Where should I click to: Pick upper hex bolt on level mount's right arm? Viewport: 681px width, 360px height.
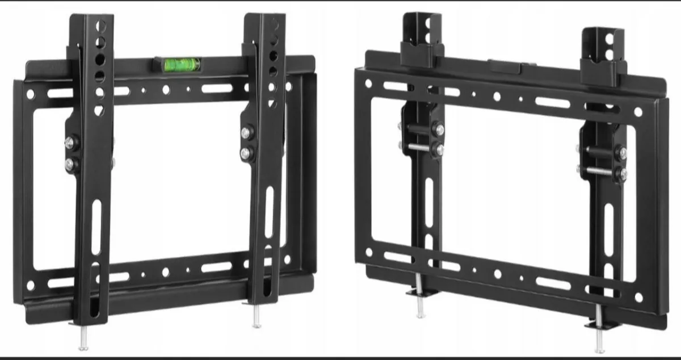(246, 132)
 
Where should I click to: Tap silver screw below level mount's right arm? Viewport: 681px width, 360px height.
(256, 319)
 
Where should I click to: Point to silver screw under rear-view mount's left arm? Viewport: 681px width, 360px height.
(419, 304)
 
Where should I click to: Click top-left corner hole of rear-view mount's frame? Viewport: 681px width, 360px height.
(368, 83)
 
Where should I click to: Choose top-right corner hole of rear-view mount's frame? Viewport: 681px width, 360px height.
(638, 112)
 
